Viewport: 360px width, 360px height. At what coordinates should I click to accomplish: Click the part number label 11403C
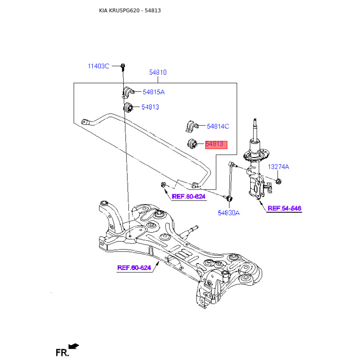click(x=99, y=66)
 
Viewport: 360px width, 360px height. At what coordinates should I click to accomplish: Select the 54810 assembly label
click(x=158, y=72)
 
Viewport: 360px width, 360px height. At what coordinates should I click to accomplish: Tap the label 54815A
click(x=153, y=92)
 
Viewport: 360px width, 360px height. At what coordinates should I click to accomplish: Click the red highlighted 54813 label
click(x=216, y=144)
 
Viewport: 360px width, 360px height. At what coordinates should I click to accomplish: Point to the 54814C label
click(x=218, y=126)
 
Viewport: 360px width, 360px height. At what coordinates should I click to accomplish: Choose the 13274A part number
click(x=278, y=166)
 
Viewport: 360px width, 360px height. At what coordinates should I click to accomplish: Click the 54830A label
click(x=229, y=213)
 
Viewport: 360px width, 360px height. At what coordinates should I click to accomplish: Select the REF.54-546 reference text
click(x=284, y=208)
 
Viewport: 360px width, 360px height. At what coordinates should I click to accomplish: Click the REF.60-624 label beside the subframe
click(x=134, y=268)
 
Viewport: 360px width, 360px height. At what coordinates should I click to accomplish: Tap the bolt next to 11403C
click(x=123, y=67)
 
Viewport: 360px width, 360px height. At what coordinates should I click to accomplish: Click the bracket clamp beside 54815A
click(x=128, y=93)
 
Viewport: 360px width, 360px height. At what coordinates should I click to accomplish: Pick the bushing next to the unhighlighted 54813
click(x=128, y=108)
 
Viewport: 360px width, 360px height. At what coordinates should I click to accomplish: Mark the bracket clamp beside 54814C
click(x=192, y=126)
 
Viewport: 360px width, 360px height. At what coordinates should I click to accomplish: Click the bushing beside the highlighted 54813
click(x=193, y=144)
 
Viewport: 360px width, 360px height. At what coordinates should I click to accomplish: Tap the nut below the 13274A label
click(x=278, y=181)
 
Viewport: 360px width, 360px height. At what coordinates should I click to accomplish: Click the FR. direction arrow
click(x=74, y=346)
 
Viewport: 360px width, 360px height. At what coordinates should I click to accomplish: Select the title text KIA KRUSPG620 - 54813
click(x=130, y=10)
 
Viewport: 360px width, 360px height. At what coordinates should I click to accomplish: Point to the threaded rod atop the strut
click(x=255, y=129)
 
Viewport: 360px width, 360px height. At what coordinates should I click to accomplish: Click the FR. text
click(x=62, y=353)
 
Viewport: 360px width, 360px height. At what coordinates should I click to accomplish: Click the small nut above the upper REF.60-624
click(x=163, y=184)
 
